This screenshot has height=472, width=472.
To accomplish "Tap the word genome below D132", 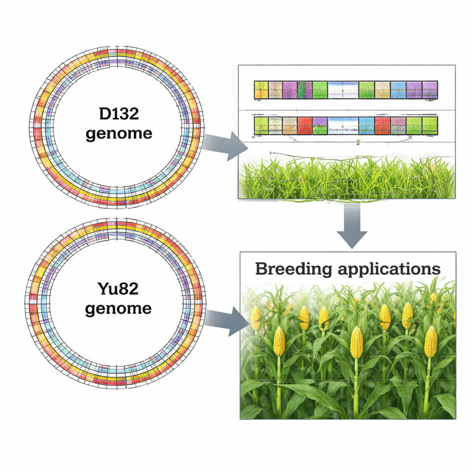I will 118,134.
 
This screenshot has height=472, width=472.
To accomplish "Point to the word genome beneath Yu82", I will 118,308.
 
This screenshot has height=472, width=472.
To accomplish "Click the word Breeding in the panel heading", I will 293,269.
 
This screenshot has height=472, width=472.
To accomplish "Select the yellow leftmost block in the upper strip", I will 261,90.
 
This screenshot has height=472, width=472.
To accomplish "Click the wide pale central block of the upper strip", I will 343,90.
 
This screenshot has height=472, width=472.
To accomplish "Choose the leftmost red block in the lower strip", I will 305,126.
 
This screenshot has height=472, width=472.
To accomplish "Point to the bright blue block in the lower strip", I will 366,126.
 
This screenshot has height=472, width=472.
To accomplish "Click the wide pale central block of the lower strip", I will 343,126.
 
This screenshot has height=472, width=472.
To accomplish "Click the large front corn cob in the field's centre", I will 356,342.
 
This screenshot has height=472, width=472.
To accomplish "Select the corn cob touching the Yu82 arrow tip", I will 256,318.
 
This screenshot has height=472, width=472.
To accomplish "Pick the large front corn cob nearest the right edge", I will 431,342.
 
